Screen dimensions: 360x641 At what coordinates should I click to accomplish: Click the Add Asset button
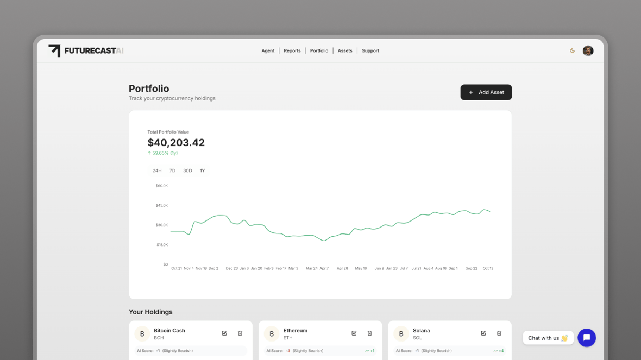click(486, 92)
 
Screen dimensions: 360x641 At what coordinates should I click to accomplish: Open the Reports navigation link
click(292, 51)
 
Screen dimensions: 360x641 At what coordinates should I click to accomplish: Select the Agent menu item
click(268, 51)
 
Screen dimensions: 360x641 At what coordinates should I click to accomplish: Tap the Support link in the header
click(370, 51)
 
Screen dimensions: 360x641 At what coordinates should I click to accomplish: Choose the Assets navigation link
click(345, 51)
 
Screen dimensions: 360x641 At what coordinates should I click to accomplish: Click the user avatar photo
click(588, 51)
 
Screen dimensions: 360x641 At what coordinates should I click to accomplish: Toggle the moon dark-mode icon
click(572, 51)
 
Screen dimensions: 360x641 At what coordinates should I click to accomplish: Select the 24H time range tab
click(157, 171)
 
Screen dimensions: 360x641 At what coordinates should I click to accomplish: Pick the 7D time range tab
click(172, 171)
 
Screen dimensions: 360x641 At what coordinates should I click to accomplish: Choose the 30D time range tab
click(187, 171)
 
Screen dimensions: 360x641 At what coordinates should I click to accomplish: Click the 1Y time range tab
click(202, 171)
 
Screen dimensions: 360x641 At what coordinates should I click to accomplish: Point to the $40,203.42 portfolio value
click(176, 143)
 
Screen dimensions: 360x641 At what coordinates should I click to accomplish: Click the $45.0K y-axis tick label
click(162, 205)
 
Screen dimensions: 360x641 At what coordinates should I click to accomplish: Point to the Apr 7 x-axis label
click(324, 268)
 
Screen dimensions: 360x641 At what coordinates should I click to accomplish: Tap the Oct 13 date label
click(488, 268)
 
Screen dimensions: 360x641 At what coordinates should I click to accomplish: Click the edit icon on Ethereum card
click(354, 333)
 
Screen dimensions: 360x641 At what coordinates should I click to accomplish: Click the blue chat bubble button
click(587, 338)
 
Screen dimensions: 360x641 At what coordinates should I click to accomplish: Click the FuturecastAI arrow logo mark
click(54, 50)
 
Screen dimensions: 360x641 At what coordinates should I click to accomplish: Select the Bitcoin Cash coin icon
click(142, 333)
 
